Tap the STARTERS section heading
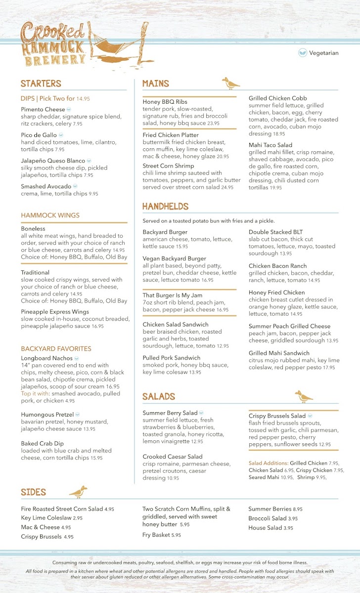coord(41,84)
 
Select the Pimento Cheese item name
coord(43,109)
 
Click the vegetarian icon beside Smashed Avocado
coord(75,186)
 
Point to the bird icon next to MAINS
coord(230,83)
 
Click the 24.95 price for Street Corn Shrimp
coord(227,187)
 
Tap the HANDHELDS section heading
coord(165,206)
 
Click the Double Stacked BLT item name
coord(275,232)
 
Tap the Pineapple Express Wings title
coord(55,312)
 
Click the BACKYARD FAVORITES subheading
coord(56,348)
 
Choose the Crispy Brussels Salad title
coord(277,416)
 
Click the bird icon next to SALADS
coord(304,396)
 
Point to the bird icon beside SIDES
coord(78,492)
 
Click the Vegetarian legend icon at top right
coord(303,53)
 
